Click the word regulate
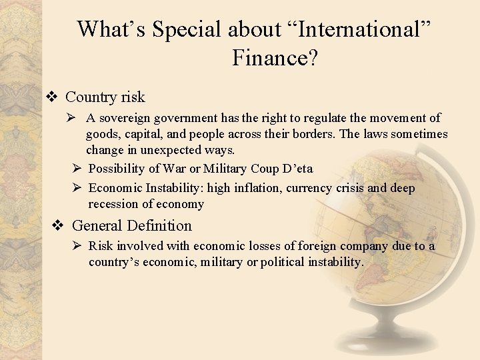pos(313,118)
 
